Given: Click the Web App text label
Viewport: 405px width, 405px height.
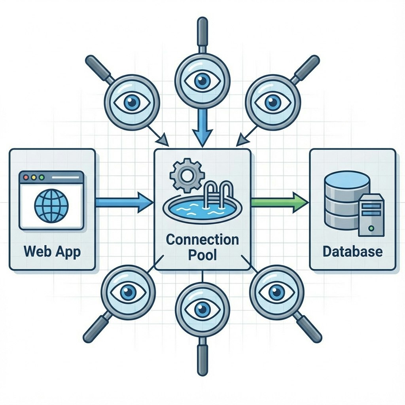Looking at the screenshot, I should pos(52,251).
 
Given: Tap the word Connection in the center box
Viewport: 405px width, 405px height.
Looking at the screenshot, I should pos(202,239).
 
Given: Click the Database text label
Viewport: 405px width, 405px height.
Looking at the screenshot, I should pos(352,251).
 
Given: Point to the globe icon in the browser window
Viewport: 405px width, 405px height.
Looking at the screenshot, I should pos(51,206).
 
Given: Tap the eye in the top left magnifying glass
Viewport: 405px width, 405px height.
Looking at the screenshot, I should pos(132,102).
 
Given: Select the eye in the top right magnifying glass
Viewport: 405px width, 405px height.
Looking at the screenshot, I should pos(272,102).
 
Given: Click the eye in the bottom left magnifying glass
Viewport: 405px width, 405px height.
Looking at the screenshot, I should pos(128,293).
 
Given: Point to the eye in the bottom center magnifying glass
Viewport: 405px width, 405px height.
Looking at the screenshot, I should pos(202,310).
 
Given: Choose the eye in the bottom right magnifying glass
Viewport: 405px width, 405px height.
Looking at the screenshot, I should pos(276,292).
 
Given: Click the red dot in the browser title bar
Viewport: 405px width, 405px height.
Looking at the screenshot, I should pos(26,178).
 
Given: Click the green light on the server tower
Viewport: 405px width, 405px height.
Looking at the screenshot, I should pos(371,228).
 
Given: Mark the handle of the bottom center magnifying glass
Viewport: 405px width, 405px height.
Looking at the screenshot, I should pos(202,358).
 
